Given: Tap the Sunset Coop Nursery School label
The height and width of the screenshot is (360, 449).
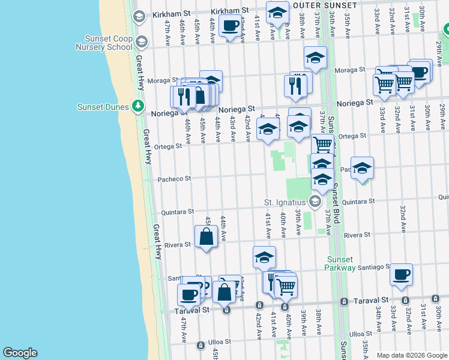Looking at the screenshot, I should pyautogui.click(x=104, y=43).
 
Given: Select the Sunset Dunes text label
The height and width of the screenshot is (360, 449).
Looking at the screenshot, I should pyautogui.click(x=103, y=107).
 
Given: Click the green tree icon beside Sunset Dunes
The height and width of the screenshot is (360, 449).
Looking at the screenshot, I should pyautogui.click(x=139, y=106).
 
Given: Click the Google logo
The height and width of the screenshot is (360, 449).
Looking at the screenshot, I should pyautogui.click(x=20, y=353).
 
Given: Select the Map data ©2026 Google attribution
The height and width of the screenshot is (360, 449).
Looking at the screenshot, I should pyautogui.click(x=412, y=355).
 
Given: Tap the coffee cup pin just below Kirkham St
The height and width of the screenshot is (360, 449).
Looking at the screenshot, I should pyautogui.click(x=230, y=25).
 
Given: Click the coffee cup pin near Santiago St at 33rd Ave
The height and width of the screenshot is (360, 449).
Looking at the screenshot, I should pyautogui.click(x=401, y=274).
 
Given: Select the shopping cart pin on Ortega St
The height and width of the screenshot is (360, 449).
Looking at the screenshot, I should pyautogui.click(x=323, y=145).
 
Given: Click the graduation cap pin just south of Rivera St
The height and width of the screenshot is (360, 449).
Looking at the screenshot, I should pyautogui.click(x=264, y=257).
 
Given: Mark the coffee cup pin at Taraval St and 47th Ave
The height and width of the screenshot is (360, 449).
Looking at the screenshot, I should pyautogui.click(x=189, y=295).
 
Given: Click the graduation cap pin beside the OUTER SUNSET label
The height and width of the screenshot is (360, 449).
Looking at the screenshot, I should pyautogui.click(x=277, y=13).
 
